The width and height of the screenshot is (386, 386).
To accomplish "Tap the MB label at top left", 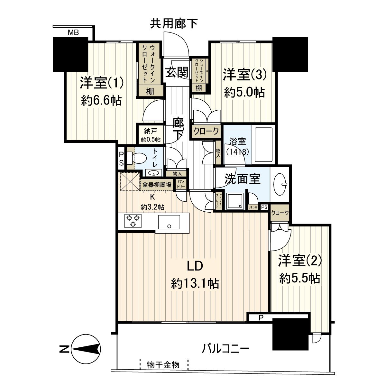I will [74, 32].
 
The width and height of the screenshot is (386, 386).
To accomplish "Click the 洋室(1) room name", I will [101, 84].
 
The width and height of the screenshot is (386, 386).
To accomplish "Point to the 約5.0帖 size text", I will [244, 93].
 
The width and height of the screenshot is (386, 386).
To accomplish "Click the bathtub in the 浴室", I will [263, 144].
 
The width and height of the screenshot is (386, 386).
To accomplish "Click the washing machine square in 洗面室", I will [234, 201].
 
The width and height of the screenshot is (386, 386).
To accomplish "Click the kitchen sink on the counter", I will [169, 222].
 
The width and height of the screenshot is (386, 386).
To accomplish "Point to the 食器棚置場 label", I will [157, 185].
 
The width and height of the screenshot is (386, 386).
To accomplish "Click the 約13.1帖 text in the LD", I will [195, 283].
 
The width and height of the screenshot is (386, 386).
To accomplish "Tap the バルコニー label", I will [225, 348].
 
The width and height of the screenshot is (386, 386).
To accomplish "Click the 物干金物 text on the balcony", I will [163, 365].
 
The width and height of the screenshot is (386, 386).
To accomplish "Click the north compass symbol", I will [85, 349].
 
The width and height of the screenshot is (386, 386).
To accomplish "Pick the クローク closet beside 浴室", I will [206, 131].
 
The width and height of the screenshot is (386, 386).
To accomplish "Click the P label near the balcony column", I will [261, 318].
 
